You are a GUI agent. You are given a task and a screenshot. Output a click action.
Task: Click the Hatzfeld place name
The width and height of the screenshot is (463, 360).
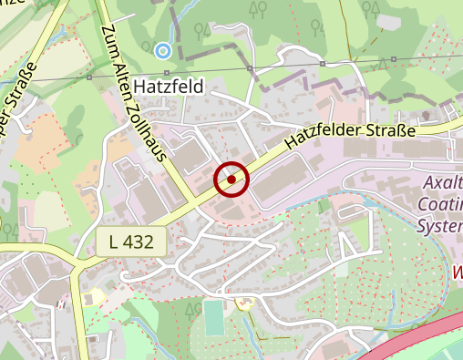click(x=170, y=87)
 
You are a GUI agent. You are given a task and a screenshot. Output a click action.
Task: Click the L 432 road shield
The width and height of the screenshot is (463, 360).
click(x=131, y=242)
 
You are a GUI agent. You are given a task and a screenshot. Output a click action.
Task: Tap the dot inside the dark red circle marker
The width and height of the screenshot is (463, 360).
click(x=231, y=180)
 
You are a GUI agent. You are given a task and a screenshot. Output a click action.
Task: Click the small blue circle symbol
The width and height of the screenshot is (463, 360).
click(x=163, y=49)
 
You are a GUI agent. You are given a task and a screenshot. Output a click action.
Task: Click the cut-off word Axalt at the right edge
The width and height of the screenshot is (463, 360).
click(x=444, y=184)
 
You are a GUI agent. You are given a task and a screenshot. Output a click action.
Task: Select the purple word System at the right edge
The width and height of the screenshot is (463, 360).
click(x=441, y=224)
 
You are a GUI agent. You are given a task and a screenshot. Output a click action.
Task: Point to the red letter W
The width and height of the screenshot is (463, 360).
click(x=457, y=271)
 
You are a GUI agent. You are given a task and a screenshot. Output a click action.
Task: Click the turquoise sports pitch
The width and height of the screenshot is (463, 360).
click(x=212, y=318)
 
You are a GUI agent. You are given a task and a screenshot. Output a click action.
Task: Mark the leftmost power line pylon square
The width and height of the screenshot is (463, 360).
click(x=89, y=78)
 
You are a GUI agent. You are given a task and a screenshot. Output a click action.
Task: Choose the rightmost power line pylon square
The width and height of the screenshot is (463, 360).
click(x=394, y=60)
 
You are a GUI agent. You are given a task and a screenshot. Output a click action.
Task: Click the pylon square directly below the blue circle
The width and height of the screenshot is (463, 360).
click(x=167, y=73)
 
